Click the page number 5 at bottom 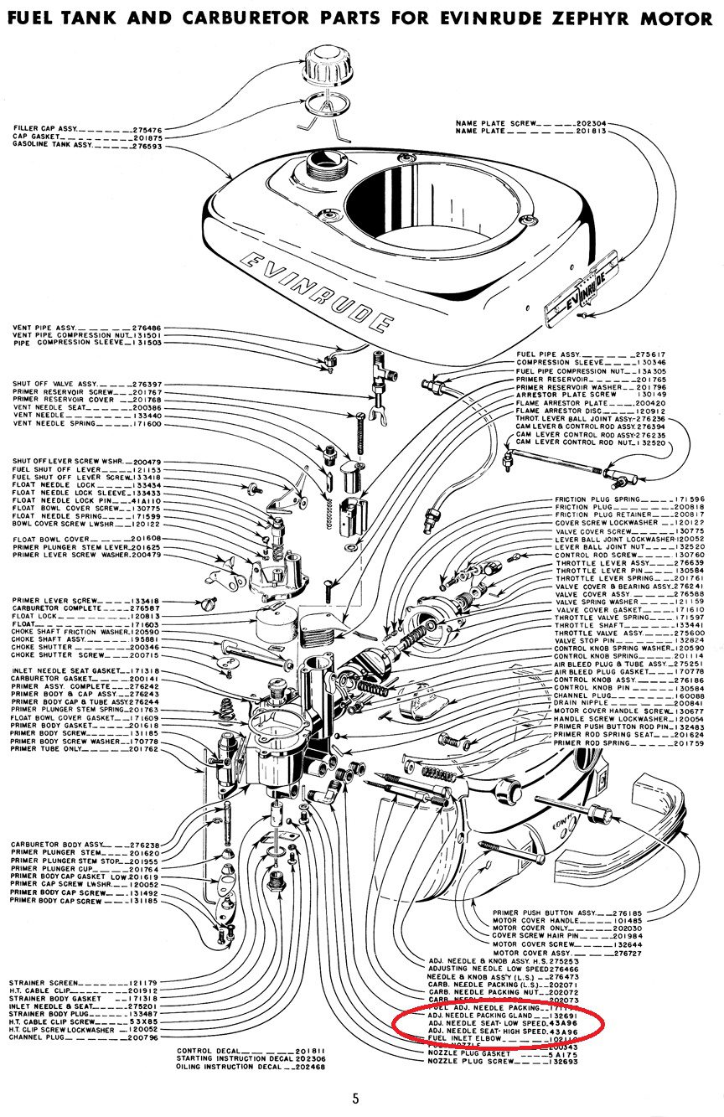click(x=355, y=1099)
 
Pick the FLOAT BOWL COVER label click(x=50, y=538)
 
